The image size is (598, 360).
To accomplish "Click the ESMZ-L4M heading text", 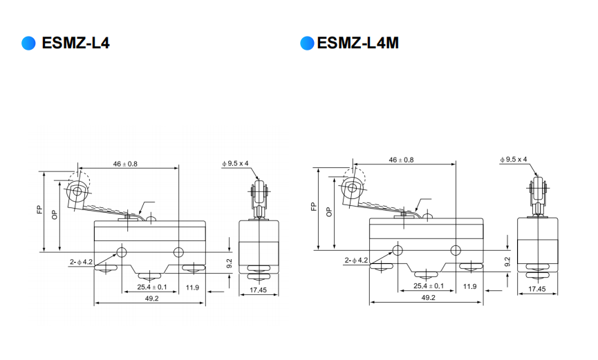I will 358,44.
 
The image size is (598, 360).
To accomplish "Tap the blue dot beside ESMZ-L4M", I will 307,44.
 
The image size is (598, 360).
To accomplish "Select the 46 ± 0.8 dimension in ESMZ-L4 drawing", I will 125,164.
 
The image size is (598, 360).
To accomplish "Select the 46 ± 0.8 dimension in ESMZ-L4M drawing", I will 402,160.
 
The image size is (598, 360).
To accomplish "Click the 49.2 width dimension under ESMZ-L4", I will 151,299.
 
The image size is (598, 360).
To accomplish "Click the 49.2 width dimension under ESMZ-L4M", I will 428,297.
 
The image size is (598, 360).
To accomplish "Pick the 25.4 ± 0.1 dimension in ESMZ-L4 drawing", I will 151,287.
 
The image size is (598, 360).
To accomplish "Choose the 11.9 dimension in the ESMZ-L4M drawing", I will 469,285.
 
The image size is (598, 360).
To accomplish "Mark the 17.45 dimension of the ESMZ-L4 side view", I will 259,290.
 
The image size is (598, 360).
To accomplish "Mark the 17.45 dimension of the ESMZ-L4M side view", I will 537,290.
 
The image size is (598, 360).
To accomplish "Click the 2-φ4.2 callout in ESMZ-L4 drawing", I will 81,262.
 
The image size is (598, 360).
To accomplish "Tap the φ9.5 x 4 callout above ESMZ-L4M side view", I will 514,159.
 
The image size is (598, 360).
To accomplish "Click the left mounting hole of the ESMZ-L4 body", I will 122,252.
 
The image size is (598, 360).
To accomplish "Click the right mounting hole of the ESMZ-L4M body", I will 455,249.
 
